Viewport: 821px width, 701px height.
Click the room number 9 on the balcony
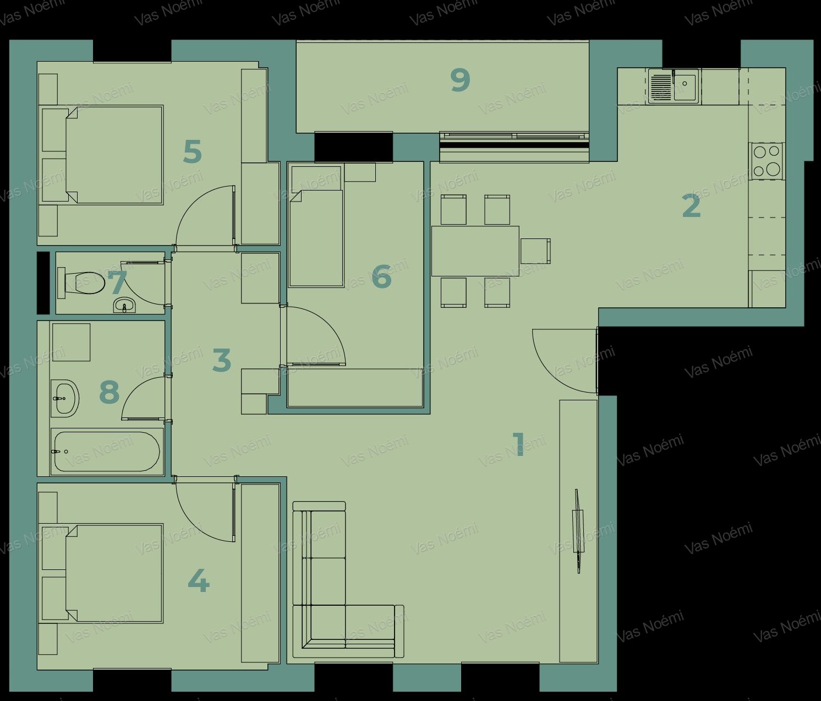(461, 80)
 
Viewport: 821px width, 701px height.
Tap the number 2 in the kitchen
(692, 205)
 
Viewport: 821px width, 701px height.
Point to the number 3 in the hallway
(222, 360)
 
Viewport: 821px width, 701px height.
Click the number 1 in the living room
(518, 444)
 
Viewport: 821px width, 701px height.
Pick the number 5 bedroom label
(193, 151)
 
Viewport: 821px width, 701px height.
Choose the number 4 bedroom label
(198, 583)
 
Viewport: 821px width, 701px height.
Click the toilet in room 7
(81, 282)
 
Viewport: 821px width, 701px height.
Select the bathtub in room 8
(107, 452)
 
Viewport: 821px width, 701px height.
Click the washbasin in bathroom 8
(65, 398)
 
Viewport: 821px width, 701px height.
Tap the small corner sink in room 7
(125, 306)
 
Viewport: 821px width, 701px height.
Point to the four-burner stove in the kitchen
(767, 161)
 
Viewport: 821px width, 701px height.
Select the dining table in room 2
(475, 251)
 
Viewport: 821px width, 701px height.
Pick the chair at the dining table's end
(535, 251)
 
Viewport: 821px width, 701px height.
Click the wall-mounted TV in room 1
(578, 531)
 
